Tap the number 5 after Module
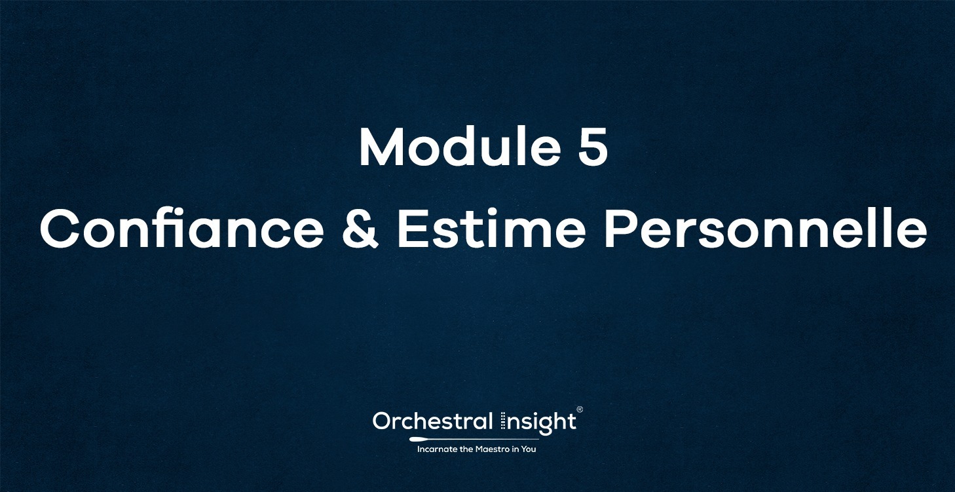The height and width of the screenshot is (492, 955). click(x=593, y=148)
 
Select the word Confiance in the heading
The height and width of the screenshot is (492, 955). click(x=181, y=229)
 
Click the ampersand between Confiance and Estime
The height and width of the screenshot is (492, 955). click(x=360, y=229)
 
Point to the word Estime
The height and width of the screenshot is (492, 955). click(x=489, y=229)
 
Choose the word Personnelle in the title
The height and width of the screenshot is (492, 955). click(x=764, y=229)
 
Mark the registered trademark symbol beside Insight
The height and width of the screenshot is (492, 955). click(x=579, y=410)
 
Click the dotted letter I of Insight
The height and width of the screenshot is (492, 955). click(x=503, y=421)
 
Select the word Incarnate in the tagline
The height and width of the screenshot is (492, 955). click(x=438, y=449)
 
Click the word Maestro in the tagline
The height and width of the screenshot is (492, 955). click(x=490, y=449)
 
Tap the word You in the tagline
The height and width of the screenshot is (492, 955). click(x=529, y=449)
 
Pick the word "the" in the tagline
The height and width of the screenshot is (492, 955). click(x=466, y=449)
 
